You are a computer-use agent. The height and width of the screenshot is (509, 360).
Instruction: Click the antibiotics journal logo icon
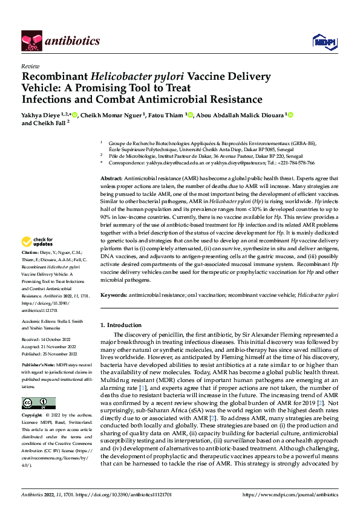(30, 41)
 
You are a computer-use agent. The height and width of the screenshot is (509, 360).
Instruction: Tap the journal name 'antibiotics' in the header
(71, 41)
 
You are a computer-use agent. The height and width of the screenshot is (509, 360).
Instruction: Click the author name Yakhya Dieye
(41, 114)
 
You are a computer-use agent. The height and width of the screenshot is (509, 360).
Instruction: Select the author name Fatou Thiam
(166, 114)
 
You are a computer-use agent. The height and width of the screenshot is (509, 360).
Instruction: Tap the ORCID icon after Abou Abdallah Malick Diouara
(290, 114)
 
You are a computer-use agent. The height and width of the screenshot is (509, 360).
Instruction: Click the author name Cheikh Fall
(51, 123)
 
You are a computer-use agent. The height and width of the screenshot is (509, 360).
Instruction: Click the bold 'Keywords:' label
(114, 294)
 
